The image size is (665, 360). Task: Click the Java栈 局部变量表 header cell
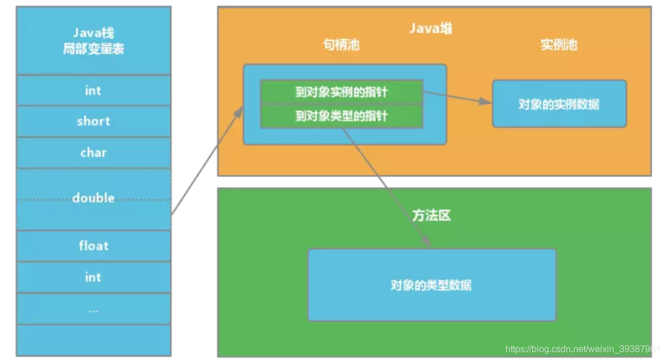pos(93,41)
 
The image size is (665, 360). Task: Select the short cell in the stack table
pos(93,121)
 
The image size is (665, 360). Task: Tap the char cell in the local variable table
pos(93,153)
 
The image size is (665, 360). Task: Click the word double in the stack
pos(93,198)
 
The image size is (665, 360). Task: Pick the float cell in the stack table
pos(93,246)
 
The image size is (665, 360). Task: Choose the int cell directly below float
pos(93,277)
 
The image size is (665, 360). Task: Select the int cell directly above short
pos(93,91)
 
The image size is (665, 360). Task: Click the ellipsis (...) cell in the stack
pos(93,309)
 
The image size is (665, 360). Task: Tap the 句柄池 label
pos(341,45)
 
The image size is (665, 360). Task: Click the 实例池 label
pos(558,45)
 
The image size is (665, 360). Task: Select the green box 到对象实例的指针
pos(341,92)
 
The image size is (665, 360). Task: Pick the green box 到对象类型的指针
pos(341,116)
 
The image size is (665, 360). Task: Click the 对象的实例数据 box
pos(559,104)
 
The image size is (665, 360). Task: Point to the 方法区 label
pos(431,215)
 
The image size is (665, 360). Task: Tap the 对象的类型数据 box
pos(431,285)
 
